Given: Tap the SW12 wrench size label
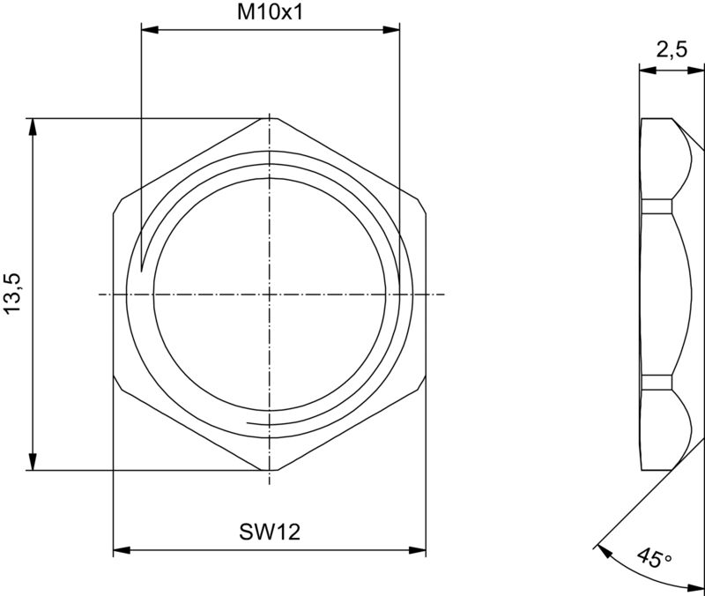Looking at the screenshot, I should pos(271,533).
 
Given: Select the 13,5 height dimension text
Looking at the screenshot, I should pos(13,294).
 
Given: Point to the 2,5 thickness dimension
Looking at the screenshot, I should pos(672,50).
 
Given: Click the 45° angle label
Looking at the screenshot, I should pos(653,559).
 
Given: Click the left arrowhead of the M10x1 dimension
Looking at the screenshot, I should pos(149,31).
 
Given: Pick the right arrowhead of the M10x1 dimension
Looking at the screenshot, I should pos(392,31).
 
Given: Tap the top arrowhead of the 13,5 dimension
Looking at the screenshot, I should pos(33,125).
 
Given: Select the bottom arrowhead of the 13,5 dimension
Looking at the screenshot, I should pos(33,463).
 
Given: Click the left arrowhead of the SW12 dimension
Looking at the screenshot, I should pos(121,551).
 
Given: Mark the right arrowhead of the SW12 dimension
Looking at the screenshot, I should pos(419,551).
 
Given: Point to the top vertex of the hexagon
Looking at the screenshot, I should pos(278,117).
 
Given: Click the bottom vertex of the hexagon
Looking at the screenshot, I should pos(278,471).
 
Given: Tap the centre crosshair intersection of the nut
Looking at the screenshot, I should pos(270,294).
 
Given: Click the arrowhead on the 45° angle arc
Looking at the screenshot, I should pos(602,548).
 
